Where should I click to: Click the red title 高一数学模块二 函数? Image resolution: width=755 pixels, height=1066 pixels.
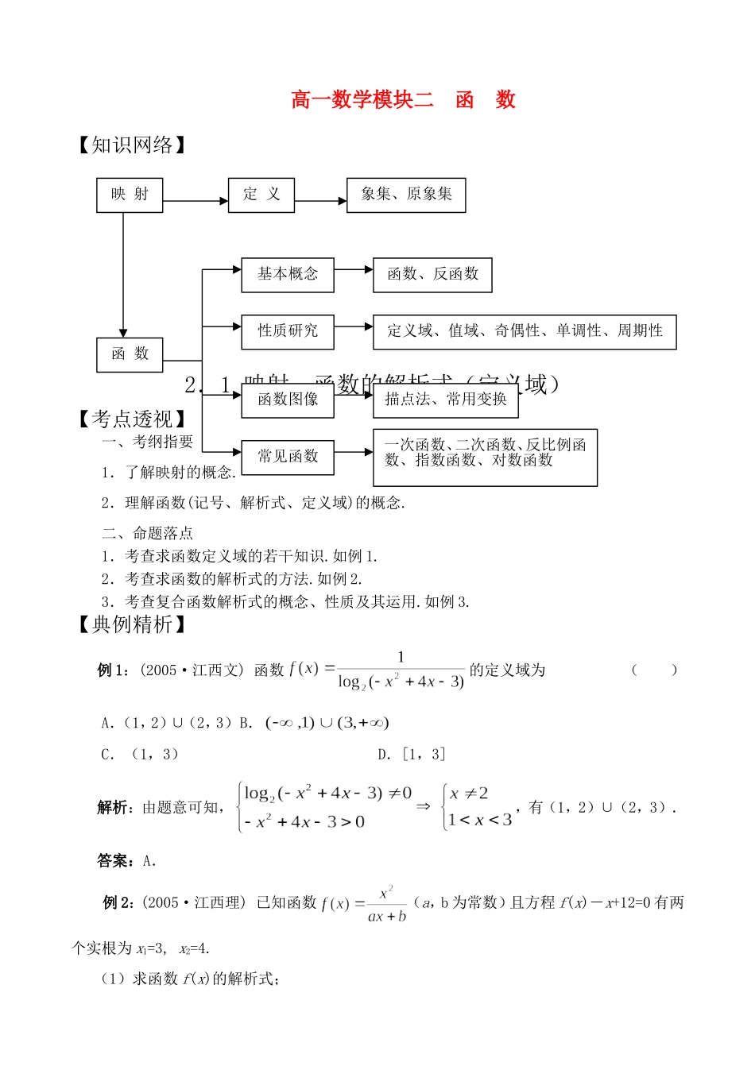click(x=403, y=100)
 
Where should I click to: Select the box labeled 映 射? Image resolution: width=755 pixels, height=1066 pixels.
click(x=130, y=195)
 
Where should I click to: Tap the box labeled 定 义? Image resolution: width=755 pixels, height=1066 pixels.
click(x=261, y=195)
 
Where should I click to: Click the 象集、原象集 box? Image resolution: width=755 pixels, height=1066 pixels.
click(x=406, y=195)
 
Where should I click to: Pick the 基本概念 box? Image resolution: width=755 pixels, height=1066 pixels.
click(x=288, y=275)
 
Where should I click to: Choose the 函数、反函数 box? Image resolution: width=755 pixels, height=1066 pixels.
click(x=433, y=275)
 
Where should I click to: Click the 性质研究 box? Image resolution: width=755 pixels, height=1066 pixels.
click(x=288, y=331)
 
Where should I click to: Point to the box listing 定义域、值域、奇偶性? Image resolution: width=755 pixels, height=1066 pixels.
click(x=525, y=331)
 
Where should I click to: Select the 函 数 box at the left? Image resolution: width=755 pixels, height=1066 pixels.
click(x=130, y=354)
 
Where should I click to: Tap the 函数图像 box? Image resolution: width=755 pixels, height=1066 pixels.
click(x=288, y=400)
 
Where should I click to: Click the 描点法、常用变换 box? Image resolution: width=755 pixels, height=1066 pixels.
click(x=446, y=400)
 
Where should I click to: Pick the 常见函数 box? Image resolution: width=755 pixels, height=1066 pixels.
click(x=288, y=457)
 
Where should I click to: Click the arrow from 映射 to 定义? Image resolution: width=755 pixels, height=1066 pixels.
click(x=196, y=201)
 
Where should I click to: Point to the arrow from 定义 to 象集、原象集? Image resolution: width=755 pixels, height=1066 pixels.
click(x=321, y=201)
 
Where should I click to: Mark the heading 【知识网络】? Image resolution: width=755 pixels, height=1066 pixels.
click(x=132, y=145)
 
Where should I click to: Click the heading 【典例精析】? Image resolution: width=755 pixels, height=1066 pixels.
click(x=132, y=625)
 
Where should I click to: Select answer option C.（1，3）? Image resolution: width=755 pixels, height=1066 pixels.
click(x=140, y=755)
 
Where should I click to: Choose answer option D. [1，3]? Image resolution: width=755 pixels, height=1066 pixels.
click(x=412, y=755)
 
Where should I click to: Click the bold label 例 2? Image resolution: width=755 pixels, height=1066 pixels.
click(x=118, y=902)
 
